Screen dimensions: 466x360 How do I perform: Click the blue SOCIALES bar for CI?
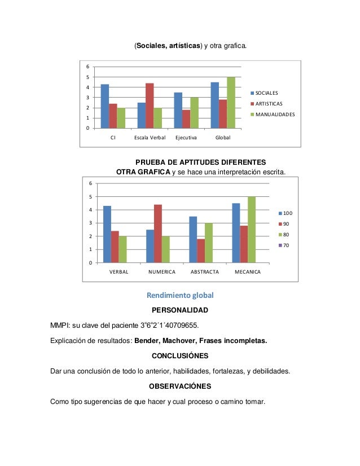(x=104, y=106)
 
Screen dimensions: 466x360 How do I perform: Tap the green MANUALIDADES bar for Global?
(x=231, y=103)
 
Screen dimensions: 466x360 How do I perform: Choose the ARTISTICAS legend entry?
(x=269, y=103)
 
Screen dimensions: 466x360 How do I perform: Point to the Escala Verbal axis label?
(x=150, y=138)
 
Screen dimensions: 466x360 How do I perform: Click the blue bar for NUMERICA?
(x=150, y=246)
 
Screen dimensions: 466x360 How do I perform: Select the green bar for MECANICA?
(x=252, y=230)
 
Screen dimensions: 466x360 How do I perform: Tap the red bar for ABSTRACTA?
(x=201, y=251)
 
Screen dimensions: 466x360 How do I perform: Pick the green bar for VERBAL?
(x=123, y=249)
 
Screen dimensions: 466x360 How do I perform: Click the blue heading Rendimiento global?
(x=180, y=295)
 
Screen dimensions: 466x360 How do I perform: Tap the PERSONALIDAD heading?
(x=180, y=310)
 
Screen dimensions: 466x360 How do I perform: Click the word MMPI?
(x=59, y=326)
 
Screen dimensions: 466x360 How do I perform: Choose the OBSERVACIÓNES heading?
(x=180, y=386)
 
